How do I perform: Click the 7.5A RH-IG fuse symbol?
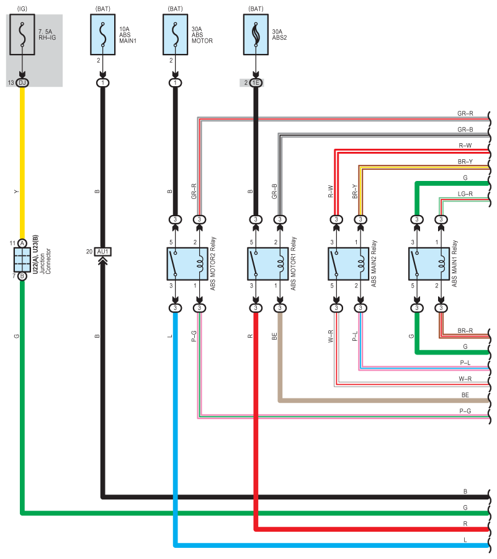[x=22, y=35]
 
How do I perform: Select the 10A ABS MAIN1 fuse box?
[x=103, y=35]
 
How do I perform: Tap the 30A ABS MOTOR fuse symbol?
[x=176, y=35]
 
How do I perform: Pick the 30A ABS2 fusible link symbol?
[x=256, y=35]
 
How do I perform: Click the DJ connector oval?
[x=22, y=82]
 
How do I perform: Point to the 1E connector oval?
[x=256, y=82]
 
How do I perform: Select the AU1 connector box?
[x=103, y=252]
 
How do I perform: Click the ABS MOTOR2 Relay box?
[x=187, y=264]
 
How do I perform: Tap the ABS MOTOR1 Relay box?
[x=268, y=264]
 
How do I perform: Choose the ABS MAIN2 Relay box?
[x=349, y=264]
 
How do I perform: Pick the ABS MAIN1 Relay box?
[x=429, y=264]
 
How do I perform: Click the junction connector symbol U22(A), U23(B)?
[x=22, y=260]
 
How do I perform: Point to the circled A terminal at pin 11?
[x=22, y=243]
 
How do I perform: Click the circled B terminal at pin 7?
[x=22, y=276]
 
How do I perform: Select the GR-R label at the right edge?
[x=465, y=113]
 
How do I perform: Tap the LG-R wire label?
[x=465, y=194]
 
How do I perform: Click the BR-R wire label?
[x=465, y=331]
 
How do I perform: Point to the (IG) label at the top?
[x=22, y=9]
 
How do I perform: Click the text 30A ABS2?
[x=280, y=35]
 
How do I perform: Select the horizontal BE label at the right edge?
[x=465, y=395]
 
